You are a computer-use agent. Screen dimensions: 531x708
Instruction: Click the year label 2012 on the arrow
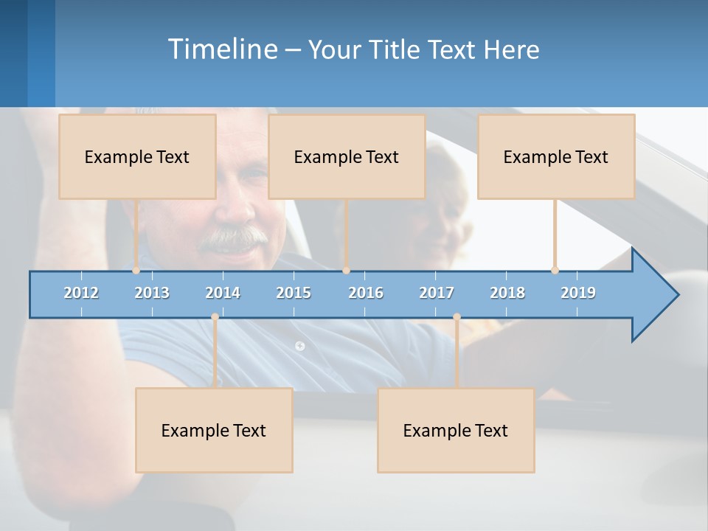click(x=81, y=293)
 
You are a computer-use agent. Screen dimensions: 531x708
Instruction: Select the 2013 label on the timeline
click(x=152, y=293)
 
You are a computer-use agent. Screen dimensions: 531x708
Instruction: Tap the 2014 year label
click(x=223, y=293)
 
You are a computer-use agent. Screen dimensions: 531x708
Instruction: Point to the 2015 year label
click(x=294, y=293)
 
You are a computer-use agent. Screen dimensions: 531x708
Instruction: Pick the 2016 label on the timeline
click(x=366, y=293)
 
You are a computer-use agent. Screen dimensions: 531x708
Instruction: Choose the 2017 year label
click(x=437, y=293)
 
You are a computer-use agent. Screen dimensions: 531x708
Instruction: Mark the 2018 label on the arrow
click(x=507, y=293)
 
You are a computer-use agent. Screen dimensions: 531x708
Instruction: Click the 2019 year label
click(x=578, y=293)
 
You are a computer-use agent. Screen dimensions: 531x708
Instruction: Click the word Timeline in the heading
click(x=222, y=49)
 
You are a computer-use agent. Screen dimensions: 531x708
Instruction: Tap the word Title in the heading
click(x=396, y=50)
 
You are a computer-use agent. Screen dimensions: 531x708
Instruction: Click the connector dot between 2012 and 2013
click(x=136, y=270)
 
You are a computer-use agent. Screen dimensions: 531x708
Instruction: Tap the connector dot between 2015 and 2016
click(x=346, y=270)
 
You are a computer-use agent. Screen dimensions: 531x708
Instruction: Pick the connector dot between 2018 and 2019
click(x=555, y=270)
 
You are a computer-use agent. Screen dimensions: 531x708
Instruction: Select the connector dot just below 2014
click(x=215, y=317)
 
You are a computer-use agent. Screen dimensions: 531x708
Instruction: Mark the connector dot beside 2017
click(x=457, y=317)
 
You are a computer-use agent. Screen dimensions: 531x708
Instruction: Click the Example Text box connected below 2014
click(x=214, y=430)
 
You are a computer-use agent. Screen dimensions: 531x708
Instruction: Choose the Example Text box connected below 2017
click(x=456, y=430)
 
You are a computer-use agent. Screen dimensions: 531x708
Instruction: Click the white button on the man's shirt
click(x=299, y=345)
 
